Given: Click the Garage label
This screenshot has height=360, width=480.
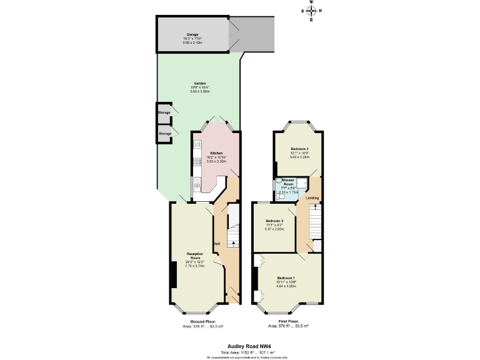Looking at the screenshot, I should [x=192, y=34].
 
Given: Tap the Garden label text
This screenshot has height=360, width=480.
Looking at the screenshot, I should [x=199, y=83].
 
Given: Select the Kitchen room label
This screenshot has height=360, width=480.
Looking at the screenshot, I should [x=216, y=153].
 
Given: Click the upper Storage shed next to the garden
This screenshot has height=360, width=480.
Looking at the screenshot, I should [x=164, y=112].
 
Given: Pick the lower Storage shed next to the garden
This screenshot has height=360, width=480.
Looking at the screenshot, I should [x=164, y=133].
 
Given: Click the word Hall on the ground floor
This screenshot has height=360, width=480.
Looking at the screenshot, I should [x=217, y=243].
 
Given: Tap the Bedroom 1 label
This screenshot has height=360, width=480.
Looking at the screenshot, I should [x=286, y=277].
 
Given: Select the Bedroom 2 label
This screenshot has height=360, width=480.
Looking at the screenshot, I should [x=299, y=149].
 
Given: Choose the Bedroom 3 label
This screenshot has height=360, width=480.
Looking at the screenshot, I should [x=274, y=221].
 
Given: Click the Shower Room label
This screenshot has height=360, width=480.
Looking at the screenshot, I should [x=288, y=182].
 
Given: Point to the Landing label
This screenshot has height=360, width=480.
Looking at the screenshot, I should [x=312, y=198].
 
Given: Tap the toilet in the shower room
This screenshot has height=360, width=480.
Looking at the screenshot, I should [x=279, y=193].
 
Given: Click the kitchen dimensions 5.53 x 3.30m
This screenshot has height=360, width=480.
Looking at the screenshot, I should [x=216, y=161].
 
